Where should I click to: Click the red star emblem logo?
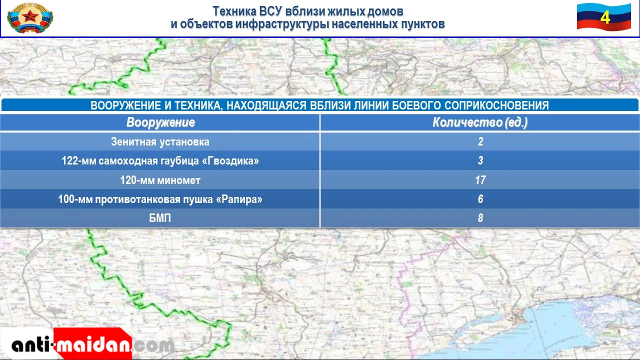tap(30, 17)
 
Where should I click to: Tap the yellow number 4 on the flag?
tap(605, 17)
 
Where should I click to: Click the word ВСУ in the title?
tap(270, 11)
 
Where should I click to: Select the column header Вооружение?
tap(160, 122)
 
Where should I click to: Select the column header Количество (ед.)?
tap(480, 122)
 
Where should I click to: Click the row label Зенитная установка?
tap(160, 141)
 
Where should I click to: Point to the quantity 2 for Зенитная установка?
tap(480, 141)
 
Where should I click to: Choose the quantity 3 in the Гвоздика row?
tap(480, 160)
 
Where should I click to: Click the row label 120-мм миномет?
tap(160, 180)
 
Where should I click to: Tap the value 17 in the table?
tap(480, 180)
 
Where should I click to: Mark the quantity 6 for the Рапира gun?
tap(480, 199)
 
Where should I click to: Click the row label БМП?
tap(160, 218)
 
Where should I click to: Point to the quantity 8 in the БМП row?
tap(480, 218)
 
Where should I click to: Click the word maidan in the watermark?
tap(93, 345)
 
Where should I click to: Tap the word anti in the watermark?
tap(31, 345)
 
